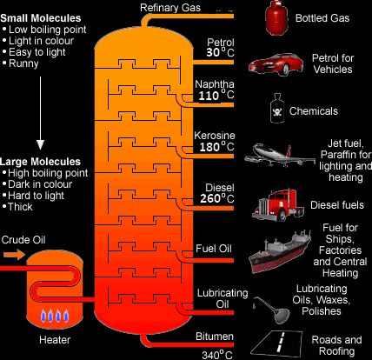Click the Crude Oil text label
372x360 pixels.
(23, 240)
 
